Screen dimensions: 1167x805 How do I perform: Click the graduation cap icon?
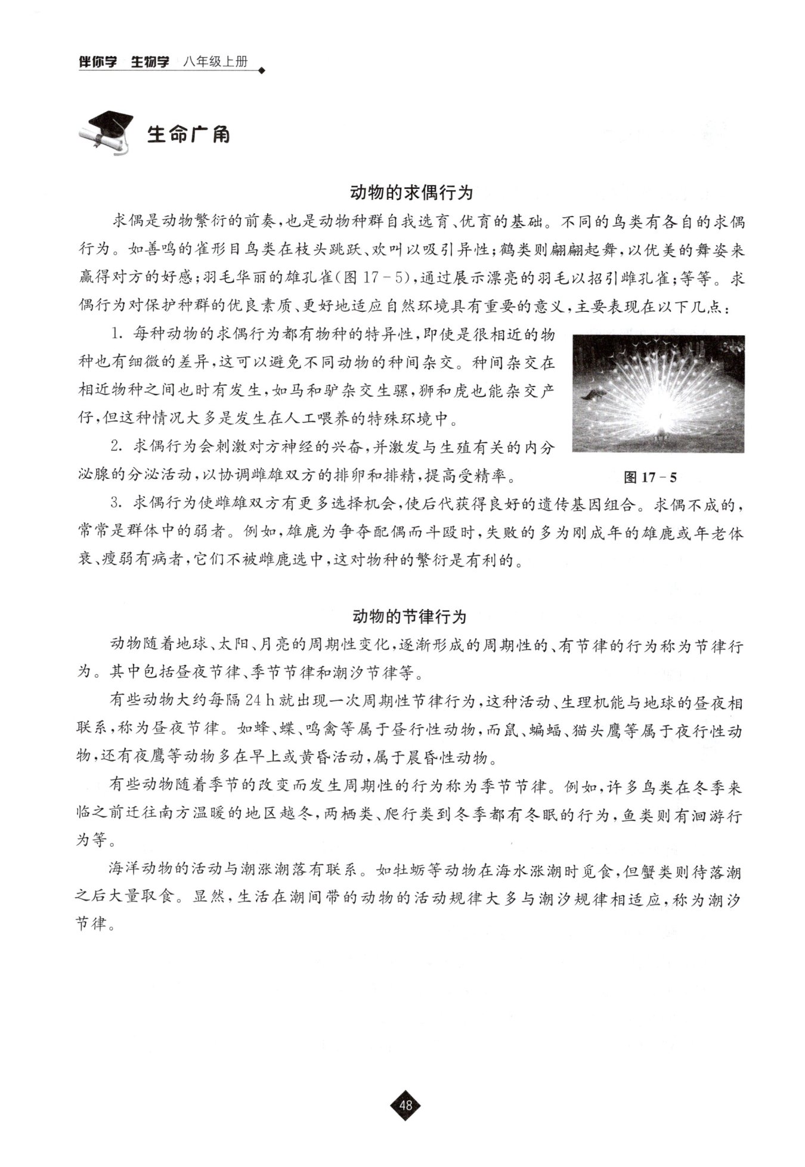(x=107, y=132)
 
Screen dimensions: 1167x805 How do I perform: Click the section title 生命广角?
(x=188, y=135)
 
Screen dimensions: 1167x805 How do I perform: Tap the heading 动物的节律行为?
(x=409, y=616)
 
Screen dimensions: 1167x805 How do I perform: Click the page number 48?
(x=405, y=1105)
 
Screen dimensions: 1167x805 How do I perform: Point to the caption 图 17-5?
(x=649, y=477)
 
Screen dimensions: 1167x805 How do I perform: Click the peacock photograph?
(x=658, y=394)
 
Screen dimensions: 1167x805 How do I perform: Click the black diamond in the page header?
(x=261, y=70)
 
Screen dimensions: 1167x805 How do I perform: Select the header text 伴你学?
(x=98, y=62)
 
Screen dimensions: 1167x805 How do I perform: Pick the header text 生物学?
(x=150, y=62)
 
